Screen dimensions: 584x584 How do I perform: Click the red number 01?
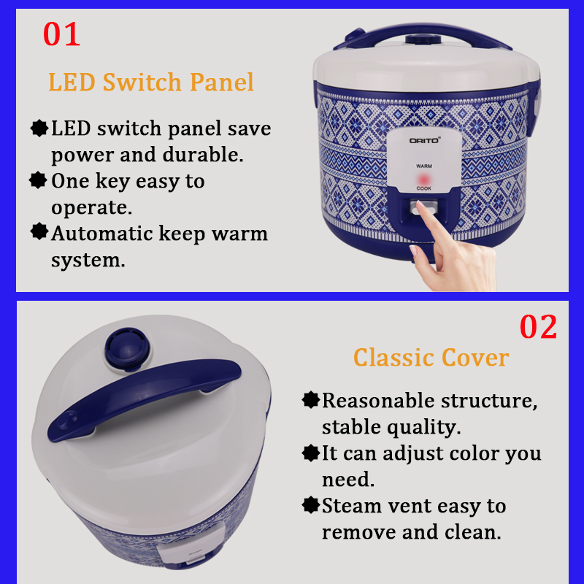coord(61,34)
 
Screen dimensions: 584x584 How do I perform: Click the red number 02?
coord(538,326)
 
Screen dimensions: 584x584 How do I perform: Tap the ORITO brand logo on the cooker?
coord(425,140)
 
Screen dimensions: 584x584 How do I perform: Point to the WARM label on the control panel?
coord(424,166)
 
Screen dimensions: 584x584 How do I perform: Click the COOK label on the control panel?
coord(424,188)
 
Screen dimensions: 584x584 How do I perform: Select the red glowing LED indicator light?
coord(423,180)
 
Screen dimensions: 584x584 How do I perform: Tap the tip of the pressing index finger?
coord(419,204)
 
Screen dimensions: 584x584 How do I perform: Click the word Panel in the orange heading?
coord(222,82)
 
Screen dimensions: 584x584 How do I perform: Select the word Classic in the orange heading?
coord(394,358)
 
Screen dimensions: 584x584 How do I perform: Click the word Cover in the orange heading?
coord(475,358)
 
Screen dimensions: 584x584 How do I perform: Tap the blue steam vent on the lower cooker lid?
coord(127,349)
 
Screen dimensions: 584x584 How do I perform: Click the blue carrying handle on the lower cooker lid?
coord(144,399)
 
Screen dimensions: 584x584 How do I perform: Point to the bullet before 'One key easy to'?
coord(38,180)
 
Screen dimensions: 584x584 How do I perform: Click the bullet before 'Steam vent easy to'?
coord(311,505)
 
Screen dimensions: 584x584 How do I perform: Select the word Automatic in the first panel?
coord(102,234)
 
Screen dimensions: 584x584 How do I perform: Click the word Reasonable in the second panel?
coord(378,401)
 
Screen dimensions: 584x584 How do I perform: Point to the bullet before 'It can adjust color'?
coord(311,453)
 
